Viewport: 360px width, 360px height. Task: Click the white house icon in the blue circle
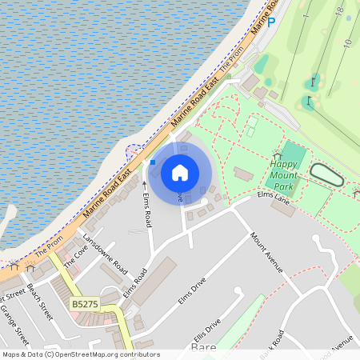tap(180, 173)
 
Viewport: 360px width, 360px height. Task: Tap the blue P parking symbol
tap(270, 22)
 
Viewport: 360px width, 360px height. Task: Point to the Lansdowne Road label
tap(104, 256)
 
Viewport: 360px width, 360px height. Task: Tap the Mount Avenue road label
tap(266, 252)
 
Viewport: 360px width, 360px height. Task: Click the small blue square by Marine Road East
tap(153, 162)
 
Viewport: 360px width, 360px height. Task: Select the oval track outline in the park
tap(326, 175)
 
